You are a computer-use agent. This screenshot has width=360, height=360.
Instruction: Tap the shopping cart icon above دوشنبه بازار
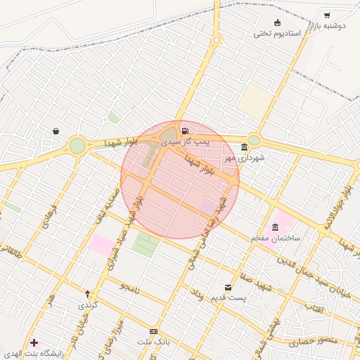click(x=327, y=15)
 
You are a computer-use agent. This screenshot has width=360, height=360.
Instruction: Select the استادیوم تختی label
click(x=278, y=33)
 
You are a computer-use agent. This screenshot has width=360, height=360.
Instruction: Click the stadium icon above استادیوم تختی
click(x=277, y=22)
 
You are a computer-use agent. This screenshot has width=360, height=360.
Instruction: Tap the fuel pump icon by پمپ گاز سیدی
click(x=184, y=131)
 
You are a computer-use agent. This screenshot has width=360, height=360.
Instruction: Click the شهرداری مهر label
click(x=244, y=158)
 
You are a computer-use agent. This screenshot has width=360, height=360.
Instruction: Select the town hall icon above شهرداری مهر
click(x=244, y=148)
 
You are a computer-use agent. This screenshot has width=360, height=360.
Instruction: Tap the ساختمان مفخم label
click(x=276, y=238)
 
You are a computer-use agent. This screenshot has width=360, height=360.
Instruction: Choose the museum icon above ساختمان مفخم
click(x=275, y=227)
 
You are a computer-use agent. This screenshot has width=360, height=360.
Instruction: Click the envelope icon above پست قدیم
click(x=229, y=287)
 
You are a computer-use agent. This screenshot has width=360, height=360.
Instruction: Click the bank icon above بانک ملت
click(x=153, y=331)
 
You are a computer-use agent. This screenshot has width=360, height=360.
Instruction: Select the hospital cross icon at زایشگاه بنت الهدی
click(x=34, y=343)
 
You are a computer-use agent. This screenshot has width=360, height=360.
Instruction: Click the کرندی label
click(x=87, y=305)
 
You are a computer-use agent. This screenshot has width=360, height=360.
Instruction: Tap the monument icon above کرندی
click(x=87, y=294)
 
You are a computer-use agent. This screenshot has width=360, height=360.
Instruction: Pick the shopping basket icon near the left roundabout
click(x=55, y=131)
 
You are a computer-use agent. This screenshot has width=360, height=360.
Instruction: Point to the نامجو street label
click(x=129, y=288)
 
